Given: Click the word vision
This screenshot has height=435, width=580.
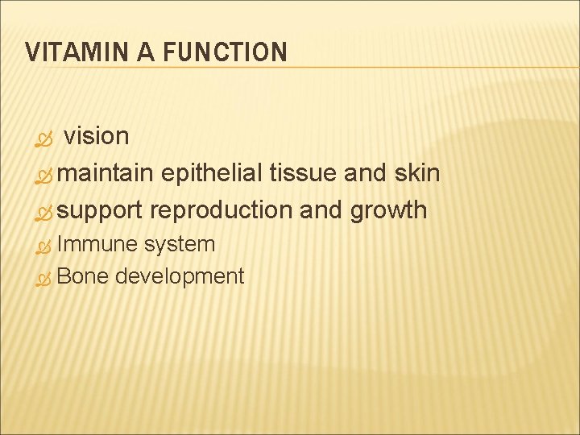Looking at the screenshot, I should click(x=96, y=137).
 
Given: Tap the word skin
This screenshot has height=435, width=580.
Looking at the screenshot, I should click(x=416, y=173).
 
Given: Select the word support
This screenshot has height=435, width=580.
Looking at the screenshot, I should click(x=100, y=210).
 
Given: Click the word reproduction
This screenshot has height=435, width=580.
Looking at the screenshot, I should click(x=222, y=210).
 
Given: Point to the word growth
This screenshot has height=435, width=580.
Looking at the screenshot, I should click(x=388, y=211).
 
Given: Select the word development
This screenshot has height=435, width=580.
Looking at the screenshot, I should click(x=179, y=277).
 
